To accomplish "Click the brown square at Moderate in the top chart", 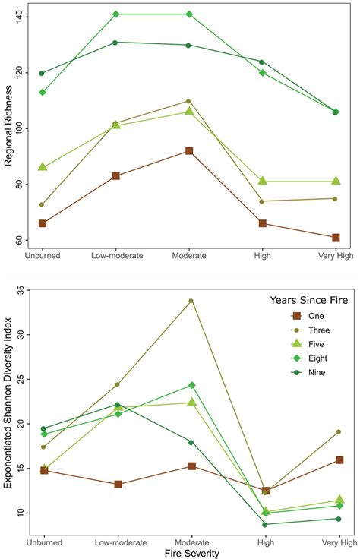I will pos(189,151).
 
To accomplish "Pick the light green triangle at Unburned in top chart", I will pos(43,167).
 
